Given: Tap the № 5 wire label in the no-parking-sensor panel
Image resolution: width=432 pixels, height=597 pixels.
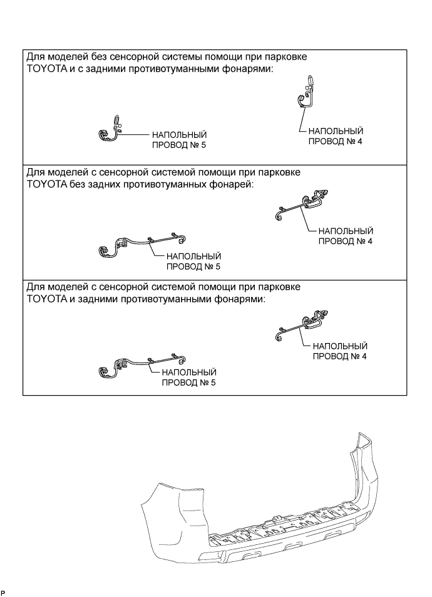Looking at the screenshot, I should (x=178, y=140).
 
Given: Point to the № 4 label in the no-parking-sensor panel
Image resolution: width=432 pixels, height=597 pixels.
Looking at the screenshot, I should (x=335, y=136).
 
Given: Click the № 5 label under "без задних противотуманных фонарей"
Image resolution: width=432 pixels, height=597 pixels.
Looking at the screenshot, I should (x=193, y=261).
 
